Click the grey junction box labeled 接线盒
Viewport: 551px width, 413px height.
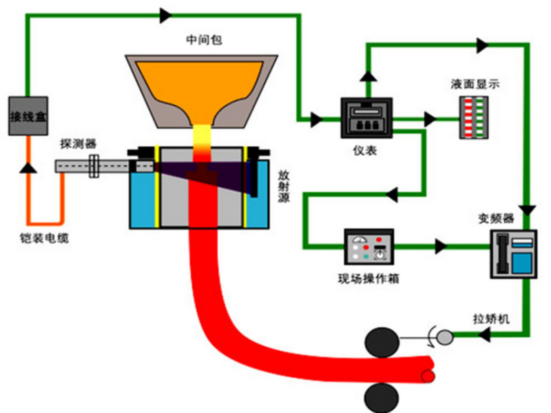point(28,116)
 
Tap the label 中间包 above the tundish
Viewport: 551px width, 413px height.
point(204,39)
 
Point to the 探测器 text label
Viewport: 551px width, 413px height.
point(78,143)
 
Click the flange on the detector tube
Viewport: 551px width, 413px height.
point(94,166)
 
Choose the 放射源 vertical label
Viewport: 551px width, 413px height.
point(284,186)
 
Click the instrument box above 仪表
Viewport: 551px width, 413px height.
point(366,118)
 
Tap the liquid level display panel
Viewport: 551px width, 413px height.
point(474,117)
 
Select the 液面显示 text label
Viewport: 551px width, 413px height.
point(475,84)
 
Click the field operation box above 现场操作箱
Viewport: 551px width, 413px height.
point(369,247)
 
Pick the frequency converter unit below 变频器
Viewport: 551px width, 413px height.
point(514,254)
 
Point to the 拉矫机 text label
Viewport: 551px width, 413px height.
point(491,319)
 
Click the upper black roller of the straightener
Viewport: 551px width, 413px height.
point(382,343)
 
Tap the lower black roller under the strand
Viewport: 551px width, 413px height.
point(382,398)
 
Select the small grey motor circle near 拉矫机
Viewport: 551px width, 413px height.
point(445,337)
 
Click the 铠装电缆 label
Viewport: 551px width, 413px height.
point(44,239)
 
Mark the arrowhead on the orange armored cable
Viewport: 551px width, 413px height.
point(28,167)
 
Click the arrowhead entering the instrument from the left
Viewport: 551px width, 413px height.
point(317,120)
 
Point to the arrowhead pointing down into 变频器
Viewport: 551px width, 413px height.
point(528,211)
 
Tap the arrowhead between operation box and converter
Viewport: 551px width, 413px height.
point(441,246)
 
